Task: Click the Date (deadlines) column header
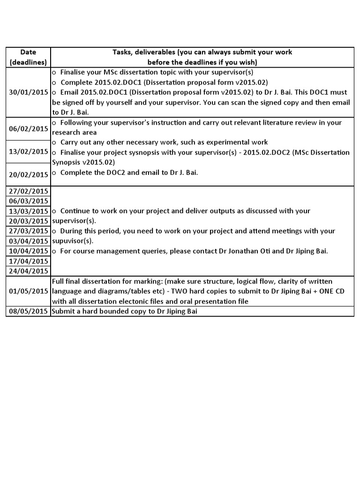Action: [x=28, y=57]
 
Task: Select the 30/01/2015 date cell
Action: [x=28, y=92]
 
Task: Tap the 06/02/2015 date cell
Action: [x=28, y=128]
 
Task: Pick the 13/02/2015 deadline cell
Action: [x=28, y=151]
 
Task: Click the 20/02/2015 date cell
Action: [x=28, y=174]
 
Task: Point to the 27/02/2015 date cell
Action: [x=28, y=191]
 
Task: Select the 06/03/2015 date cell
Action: [x=28, y=201]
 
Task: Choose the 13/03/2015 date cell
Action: [x=28, y=211]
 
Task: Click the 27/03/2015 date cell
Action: [x=28, y=231]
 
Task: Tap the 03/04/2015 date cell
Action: [x=28, y=241]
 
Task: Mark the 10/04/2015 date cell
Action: [x=28, y=251]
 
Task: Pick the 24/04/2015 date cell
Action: [x=28, y=271]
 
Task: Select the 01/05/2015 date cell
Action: [x=28, y=291]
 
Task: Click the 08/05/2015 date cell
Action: [x=28, y=311]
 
